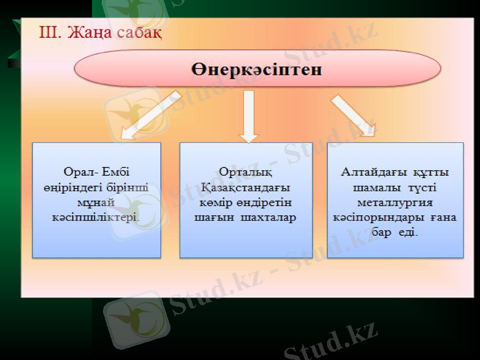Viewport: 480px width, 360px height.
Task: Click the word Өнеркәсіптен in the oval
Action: [257, 68]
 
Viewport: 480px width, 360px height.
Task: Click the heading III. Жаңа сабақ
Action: [100, 31]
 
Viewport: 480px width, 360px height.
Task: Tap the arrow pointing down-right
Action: [353, 116]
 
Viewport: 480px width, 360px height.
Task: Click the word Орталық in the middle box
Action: [245, 173]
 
